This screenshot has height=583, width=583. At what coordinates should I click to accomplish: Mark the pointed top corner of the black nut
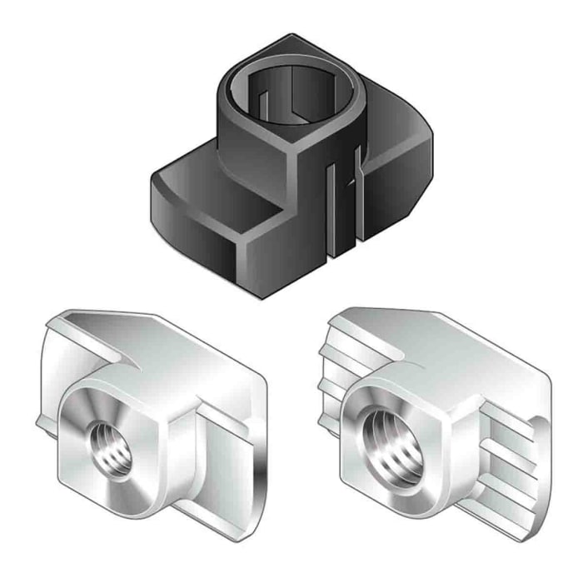[293, 37]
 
